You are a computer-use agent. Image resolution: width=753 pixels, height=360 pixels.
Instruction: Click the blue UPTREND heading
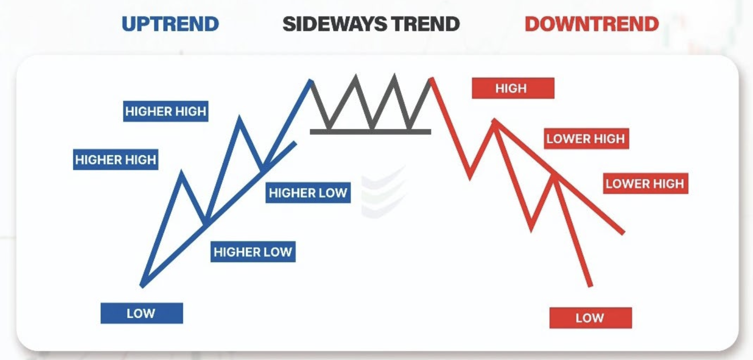coord(170,24)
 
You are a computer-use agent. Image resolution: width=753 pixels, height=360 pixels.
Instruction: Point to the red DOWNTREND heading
coord(591,24)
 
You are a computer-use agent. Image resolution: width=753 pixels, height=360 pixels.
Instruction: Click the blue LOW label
coord(141,313)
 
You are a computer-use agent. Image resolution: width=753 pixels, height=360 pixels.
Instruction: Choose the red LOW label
coord(590,318)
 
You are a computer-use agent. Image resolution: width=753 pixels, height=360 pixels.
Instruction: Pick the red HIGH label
coord(512,88)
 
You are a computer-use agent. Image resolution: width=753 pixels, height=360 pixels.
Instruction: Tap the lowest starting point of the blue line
coord(142,285)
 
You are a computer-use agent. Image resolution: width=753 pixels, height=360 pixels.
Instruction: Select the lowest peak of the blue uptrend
coord(182,172)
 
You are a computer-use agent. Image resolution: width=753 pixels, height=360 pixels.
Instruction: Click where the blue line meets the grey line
coord(311,81)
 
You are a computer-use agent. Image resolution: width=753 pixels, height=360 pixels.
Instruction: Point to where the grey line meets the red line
coord(431,79)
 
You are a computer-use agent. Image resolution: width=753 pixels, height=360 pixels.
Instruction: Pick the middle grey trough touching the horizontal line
coord(372,129)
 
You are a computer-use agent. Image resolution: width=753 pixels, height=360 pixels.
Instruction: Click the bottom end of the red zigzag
coord(590,285)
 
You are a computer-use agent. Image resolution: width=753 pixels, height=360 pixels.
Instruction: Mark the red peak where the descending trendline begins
coord(494,120)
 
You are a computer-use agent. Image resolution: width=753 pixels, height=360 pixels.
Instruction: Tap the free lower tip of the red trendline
coord(622,233)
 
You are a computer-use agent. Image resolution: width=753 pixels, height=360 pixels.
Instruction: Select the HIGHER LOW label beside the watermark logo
coord(308,193)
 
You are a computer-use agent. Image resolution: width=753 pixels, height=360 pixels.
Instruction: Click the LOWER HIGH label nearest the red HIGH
coord(586,139)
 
